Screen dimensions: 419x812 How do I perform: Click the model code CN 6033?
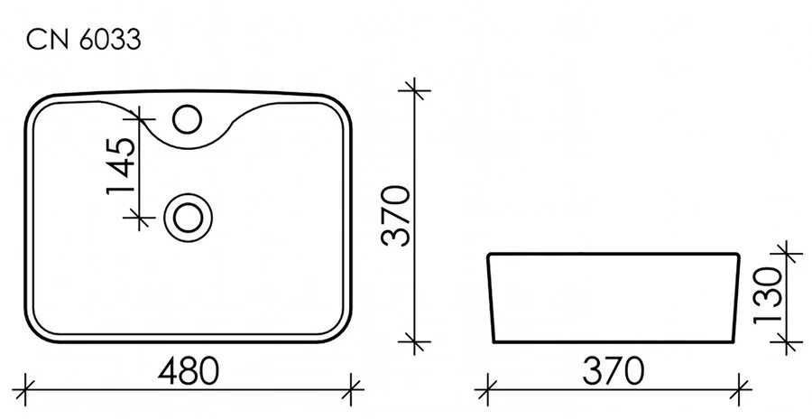[x=82, y=41]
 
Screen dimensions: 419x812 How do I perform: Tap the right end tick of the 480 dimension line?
[x=351, y=390]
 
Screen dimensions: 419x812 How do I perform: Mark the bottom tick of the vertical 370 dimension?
[x=415, y=342]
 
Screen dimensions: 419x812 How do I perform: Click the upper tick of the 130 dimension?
[x=786, y=256]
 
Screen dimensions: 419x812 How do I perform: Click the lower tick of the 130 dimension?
[x=786, y=342]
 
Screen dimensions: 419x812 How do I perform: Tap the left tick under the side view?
[x=488, y=390]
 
